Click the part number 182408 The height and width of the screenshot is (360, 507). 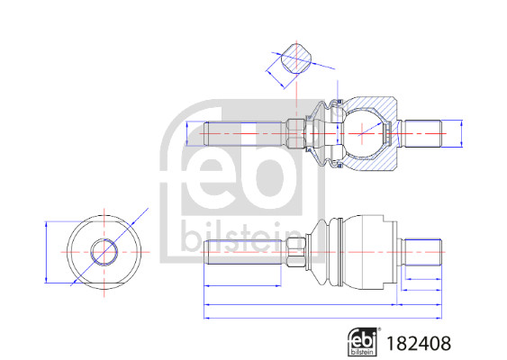tap(420, 342)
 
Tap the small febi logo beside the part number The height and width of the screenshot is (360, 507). tap(363, 340)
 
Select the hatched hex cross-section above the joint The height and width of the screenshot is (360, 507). tap(294, 61)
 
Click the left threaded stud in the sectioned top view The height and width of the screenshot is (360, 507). tap(243, 133)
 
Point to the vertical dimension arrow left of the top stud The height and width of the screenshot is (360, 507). tap(187, 133)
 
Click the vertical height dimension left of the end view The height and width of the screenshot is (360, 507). tap(45, 252)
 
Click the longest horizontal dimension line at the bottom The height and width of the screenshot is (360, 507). tap(324, 317)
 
